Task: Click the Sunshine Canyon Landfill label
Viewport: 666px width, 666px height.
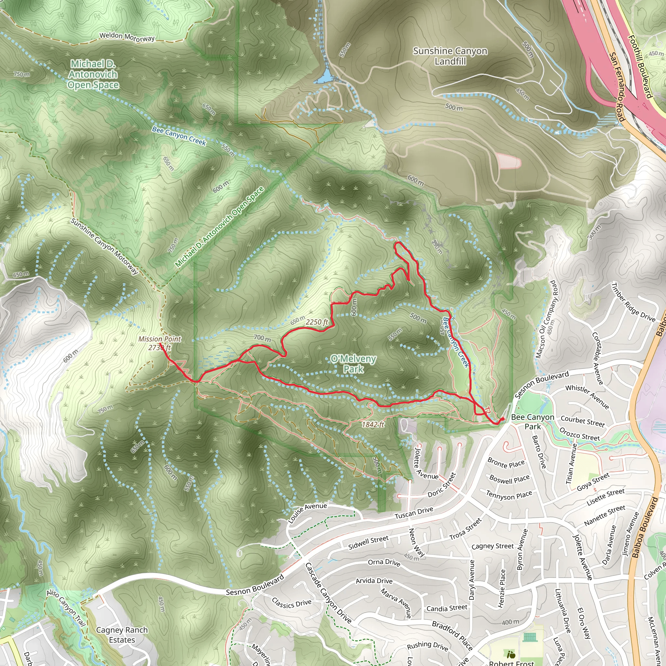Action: [x=450, y=56]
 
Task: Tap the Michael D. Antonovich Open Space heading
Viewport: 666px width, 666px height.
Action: [x=93, y=74]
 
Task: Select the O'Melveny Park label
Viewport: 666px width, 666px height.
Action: [x=353, y=364]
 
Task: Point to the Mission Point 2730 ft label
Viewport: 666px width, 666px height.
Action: [x=160, y=343]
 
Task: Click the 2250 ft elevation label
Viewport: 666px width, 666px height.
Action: [x=317, y=322]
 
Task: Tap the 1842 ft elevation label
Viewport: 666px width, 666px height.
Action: [x=373, y=424]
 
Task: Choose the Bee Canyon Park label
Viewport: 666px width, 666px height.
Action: [x=533, y=421]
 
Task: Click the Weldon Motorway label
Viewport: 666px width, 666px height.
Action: [x=127, y=37]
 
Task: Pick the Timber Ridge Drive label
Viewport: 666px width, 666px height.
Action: [x=633, y=303]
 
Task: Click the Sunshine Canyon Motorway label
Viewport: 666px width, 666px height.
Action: [x=104, y=246]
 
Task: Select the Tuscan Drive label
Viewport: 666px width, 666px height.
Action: [x=414, y=513]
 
